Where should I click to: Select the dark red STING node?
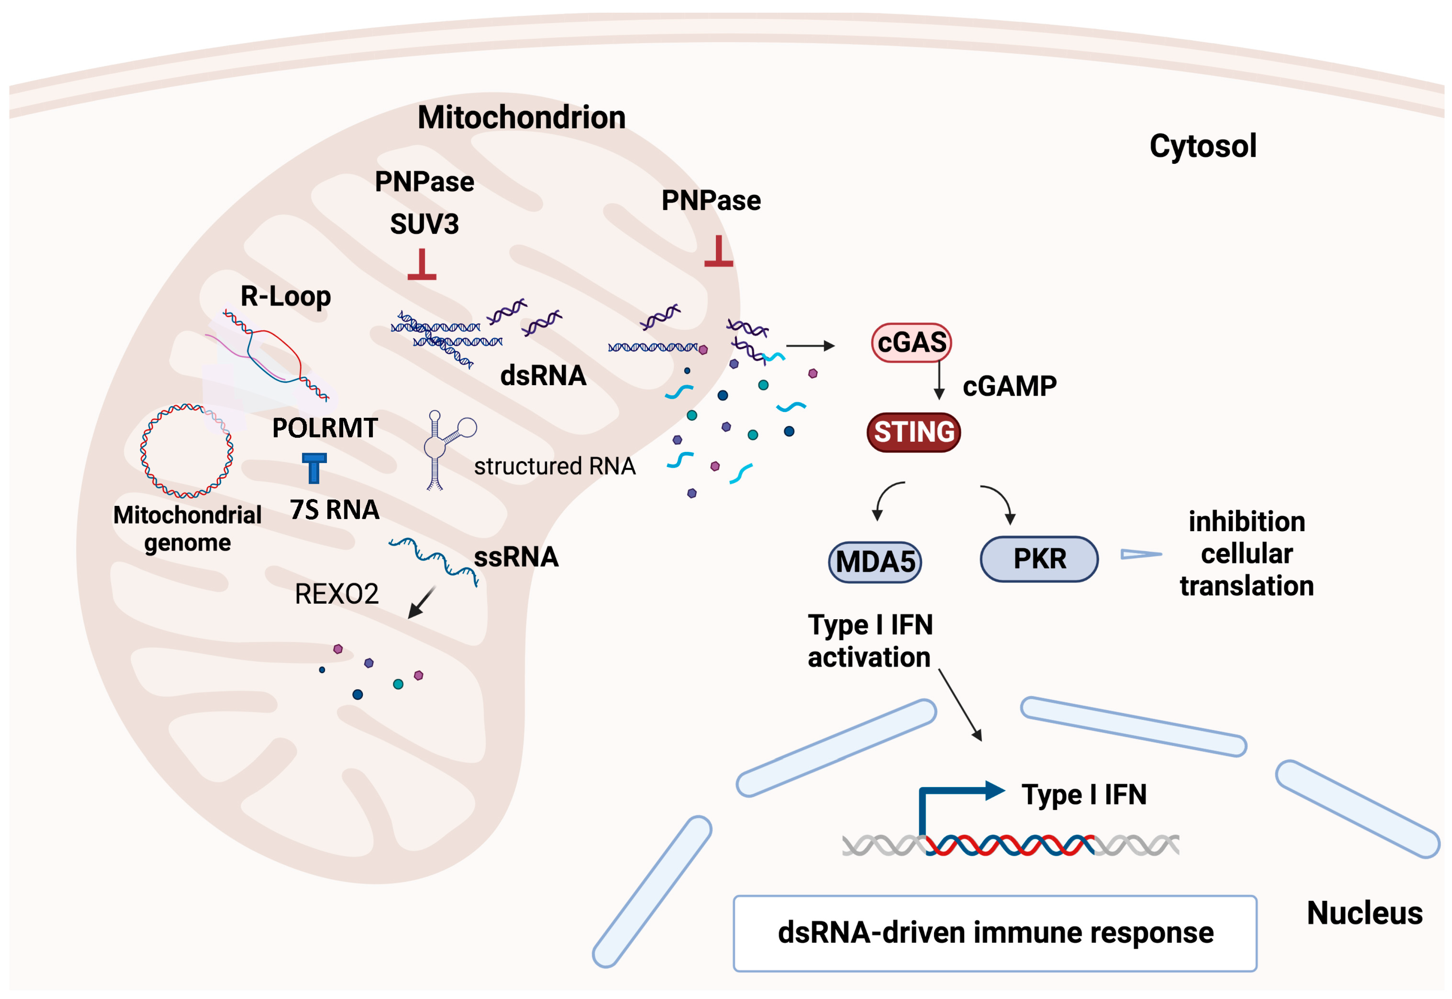pos(913,432)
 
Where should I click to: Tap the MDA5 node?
pos(875,562)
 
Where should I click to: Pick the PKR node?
pos(1039,558)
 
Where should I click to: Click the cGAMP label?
pos(1009,386)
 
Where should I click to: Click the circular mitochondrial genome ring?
pos(187,451)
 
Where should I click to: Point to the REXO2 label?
pos(336,594)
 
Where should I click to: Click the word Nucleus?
pos(1364,913)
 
